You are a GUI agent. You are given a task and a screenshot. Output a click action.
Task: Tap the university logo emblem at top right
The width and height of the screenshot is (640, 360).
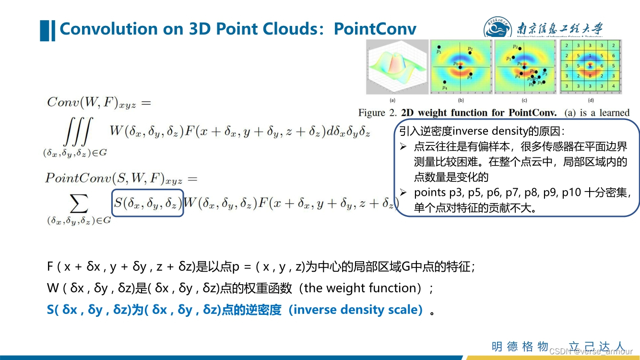498,30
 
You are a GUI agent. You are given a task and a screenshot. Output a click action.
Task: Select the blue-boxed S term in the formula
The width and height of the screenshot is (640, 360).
147,203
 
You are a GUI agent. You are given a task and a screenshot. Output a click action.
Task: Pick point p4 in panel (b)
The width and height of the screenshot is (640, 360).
445,83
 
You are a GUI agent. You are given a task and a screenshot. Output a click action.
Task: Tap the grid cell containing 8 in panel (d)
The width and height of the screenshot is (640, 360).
590,76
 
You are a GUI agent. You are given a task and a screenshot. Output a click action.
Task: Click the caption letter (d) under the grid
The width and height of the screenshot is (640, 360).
591,100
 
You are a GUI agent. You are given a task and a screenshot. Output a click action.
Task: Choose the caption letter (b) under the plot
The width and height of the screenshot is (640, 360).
461,100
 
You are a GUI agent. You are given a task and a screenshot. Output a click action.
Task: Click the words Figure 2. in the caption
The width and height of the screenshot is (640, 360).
378,113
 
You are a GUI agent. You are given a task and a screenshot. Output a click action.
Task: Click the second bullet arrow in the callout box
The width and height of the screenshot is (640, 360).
404,193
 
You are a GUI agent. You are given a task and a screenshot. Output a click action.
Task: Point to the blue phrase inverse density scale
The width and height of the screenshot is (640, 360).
357,310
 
